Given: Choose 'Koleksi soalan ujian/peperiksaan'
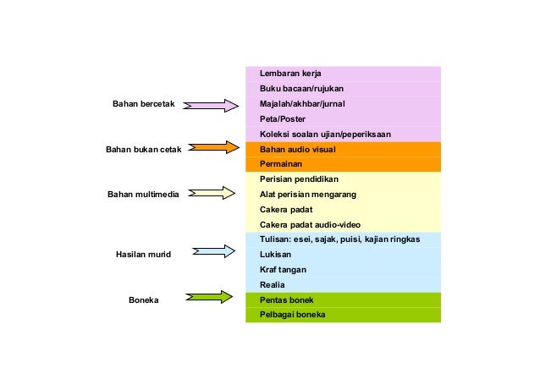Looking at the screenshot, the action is (325, 135).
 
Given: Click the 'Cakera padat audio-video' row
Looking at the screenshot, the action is (310, 225).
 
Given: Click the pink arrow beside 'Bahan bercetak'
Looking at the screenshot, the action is (211, 105).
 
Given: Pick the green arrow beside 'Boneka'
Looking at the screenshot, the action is (209, 297).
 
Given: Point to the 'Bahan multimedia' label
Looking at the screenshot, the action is (143, 195).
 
